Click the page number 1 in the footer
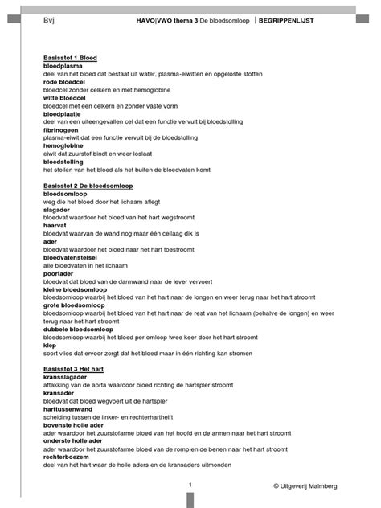tap(190, 485)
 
